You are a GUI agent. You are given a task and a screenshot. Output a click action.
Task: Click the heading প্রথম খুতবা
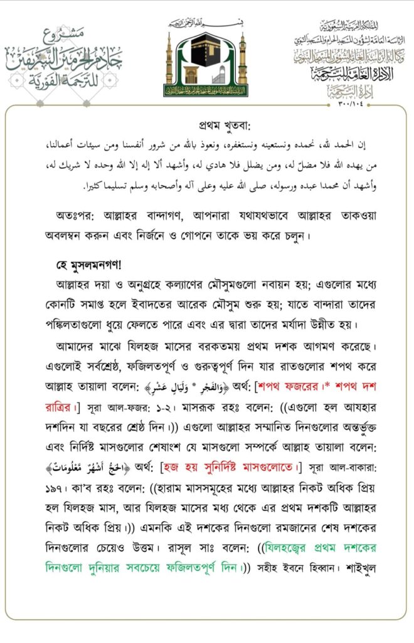[x=206, y=124]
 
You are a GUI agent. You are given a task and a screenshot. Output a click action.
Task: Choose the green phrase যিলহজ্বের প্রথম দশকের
[x=322, y=548]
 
